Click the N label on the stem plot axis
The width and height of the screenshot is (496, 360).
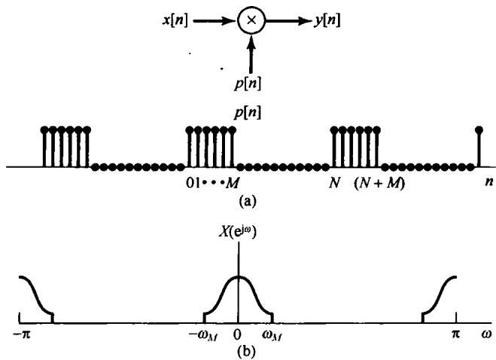[335, 182]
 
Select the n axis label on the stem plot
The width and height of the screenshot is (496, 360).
[479, 182]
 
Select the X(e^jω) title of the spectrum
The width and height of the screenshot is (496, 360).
[240, 255]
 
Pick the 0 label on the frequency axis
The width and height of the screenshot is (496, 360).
[239, 333]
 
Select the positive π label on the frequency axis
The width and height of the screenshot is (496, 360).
[455, 333]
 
